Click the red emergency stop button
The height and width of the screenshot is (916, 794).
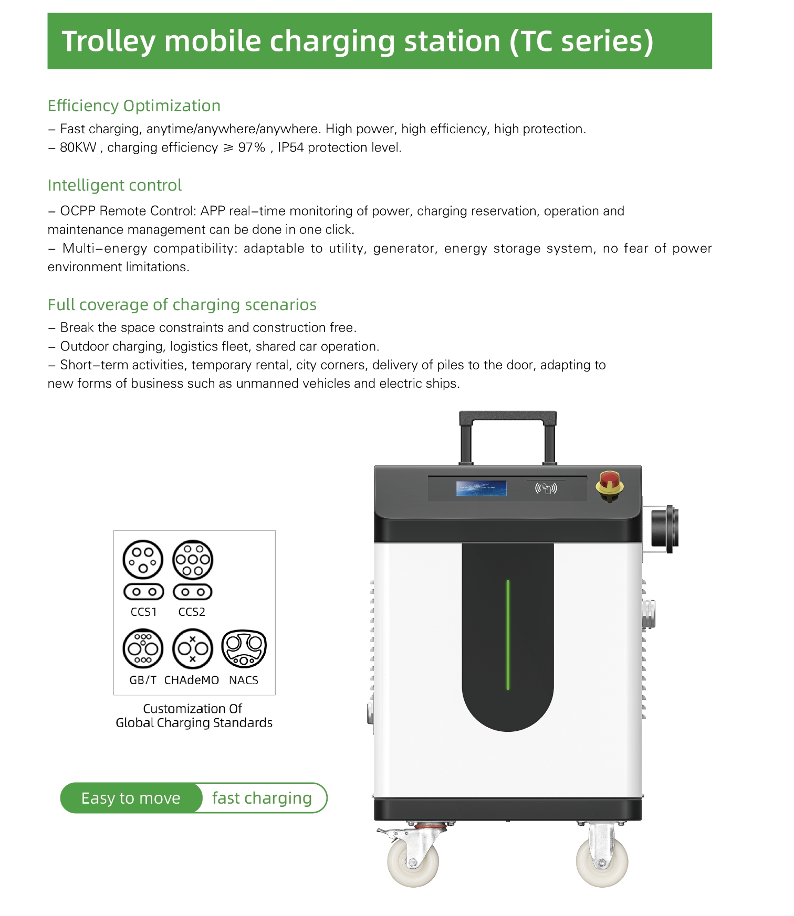tap(609, 481)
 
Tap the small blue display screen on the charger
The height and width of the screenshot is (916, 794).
tap(481, 488)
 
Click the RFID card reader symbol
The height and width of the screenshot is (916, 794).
tap(546, 488)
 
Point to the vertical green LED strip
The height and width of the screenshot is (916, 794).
tap(508, 635)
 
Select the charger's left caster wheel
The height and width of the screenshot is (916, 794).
tap(413, 861)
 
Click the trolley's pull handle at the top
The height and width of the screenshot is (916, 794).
tap(507, 418)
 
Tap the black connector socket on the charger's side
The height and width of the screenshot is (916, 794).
tap(664, 528)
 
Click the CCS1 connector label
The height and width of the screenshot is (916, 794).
tap(143, 612)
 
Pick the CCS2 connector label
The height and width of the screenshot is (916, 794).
tap(192, 612)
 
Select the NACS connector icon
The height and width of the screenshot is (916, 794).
tap(244, 648)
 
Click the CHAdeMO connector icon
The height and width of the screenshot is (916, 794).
tap(192, 648)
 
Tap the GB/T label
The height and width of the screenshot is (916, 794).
tap(143, 680)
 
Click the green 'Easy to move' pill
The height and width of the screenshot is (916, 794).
tap(131, 798)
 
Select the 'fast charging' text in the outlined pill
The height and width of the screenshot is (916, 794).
tap(262, 798)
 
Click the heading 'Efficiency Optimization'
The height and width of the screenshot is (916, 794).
tap(134, 105)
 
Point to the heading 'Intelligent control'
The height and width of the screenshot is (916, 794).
tap(114, 185)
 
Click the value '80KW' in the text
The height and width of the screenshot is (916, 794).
tap(78, 147)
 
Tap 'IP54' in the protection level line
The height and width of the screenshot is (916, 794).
tap(291, 147)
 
